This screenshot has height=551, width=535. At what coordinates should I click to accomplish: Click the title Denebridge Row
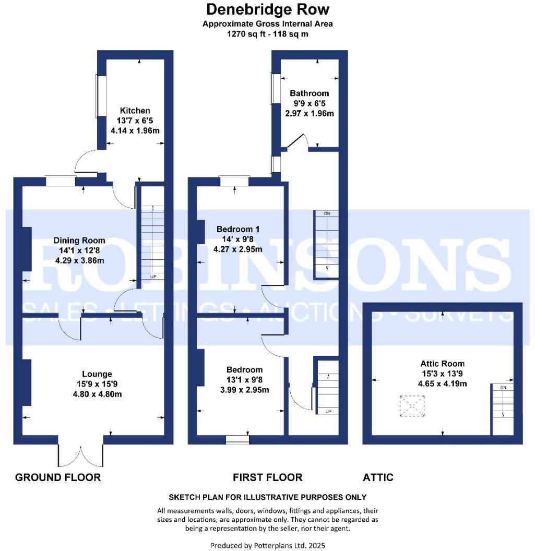click(x=268, y=9)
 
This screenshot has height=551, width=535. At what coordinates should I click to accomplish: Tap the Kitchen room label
click(x=135, y=111)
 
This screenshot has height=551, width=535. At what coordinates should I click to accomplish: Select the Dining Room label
click(x=79, y=241)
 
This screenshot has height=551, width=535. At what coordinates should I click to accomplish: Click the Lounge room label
click(x=97, y=374)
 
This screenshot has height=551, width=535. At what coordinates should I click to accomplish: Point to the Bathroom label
click(x=310, y=93)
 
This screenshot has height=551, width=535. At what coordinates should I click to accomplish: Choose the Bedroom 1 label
click(x=238, y=229)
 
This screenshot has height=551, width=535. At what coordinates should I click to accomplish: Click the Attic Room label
click(x=443, y=364)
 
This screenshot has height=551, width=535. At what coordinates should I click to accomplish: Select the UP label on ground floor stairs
click(x=154, y=277)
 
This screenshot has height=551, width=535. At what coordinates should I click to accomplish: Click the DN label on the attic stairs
click(x=503, y=388)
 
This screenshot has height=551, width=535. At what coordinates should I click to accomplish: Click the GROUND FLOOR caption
click(x=58, y=477)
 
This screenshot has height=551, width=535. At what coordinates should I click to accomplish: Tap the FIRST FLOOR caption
click(x=267, y=477)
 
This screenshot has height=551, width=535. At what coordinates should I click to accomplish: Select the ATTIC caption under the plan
click(x=378, y=477)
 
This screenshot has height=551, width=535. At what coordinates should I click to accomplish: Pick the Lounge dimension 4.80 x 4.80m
click(x=97, y=394)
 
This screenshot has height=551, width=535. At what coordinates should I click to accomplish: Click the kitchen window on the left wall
click(x=98, y=96)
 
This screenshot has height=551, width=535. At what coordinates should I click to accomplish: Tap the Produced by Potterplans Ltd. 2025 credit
click(x=268, y=545)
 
